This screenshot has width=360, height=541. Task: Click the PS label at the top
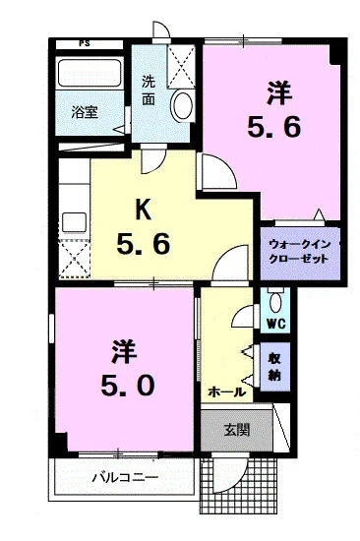(x=86, y=43)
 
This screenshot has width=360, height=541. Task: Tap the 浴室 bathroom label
(x=84, y=112)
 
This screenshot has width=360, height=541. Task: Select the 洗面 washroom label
(x=148, y=90)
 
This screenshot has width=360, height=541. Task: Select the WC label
(x=274, y=321)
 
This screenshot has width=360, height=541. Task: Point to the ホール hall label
(x=226, y=391)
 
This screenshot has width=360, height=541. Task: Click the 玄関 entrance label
(x=236, y=429)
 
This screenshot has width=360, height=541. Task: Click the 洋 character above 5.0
(x=123, y=349)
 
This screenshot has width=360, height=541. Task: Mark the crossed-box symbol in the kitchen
(x=74, y=259)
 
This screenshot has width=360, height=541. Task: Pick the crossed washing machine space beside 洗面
(x=181, y=67)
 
